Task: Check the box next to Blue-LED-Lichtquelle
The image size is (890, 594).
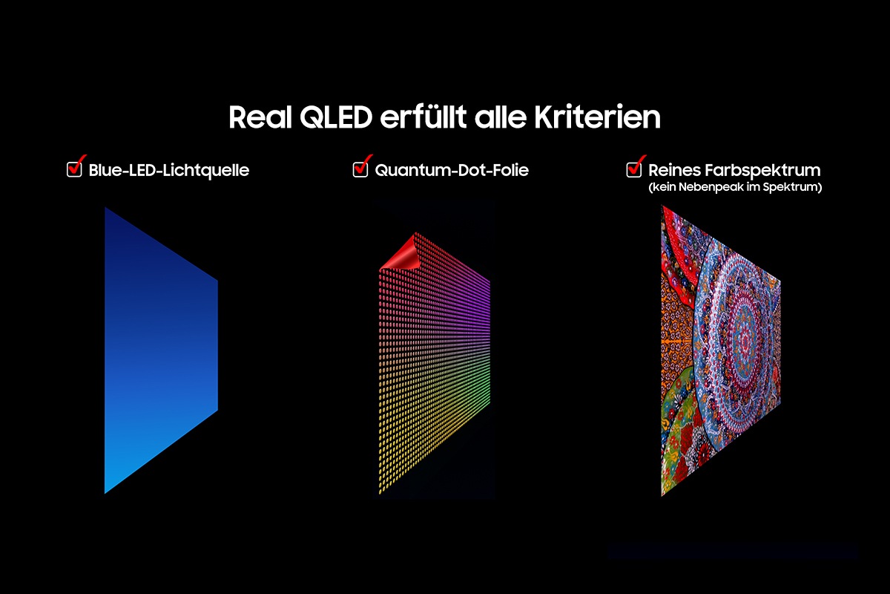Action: click(x=74, y=169)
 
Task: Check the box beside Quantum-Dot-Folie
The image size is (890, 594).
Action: click(x=360, y=169)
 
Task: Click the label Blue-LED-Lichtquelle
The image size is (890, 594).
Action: click(x=168, y=170)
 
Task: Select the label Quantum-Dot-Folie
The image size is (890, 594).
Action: click(x=451, y=170)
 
